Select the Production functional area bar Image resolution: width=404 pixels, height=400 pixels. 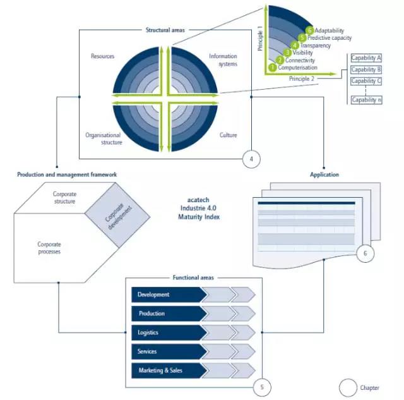pyautogui.click(x=168, y=313)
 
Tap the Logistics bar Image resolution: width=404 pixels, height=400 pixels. pyautogui.click(x=168, y=332)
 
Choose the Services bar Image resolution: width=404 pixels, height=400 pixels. pyautogui.click(x=168, y=351)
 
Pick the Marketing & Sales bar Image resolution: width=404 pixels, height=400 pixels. pyautogui.click(x=168, y=370)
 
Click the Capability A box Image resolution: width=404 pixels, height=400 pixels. pyautogui.click(x=366, y=58)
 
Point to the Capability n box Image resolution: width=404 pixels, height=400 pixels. pyautogui.click(x=366, y=100)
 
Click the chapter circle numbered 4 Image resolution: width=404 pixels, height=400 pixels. pyautogui.click(x=251, y=159)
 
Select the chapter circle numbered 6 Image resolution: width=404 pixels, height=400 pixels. pyautogui.click(x=365, y=254)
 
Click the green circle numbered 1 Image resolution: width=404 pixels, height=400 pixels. pyautogui.click(x=273, y=67)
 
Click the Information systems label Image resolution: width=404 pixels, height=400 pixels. pyautogui.click(x=223, y=60)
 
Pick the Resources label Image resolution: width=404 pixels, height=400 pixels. pyautogui.click(x=103, y=56)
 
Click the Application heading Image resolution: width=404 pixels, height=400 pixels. pyautogui.click(x=324, y=174)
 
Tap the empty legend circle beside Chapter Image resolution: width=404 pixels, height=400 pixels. pyautogui.click(x=348, y=387)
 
